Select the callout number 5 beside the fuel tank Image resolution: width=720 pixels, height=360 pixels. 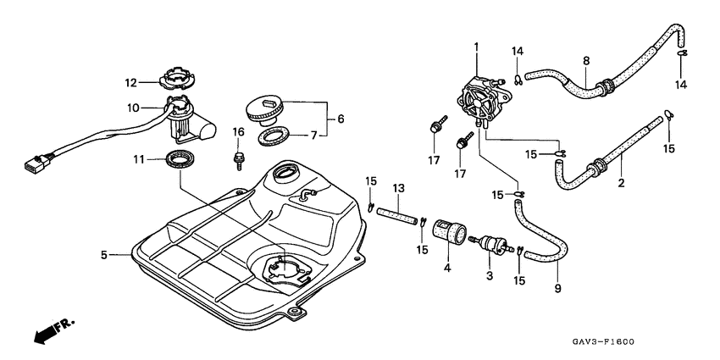pyautogui.click(x=104, y=254)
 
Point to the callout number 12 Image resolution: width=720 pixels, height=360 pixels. pyautogui.click(x=132, y=83)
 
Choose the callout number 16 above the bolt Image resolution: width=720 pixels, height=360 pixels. pyautogui.click(x=238, y=131)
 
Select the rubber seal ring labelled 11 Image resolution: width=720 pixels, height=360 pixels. pyautogui.click(x=180, y=158)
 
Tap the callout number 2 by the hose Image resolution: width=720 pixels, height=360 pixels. pyautogui.click(x=621, y=181)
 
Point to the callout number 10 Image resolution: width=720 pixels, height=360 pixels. pyautogui.click(x=132, y=108)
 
